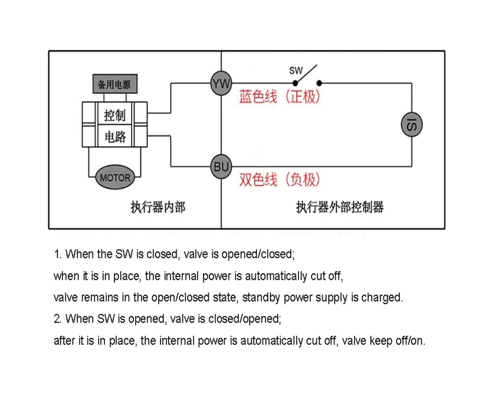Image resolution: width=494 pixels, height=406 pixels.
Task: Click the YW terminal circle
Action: pyautogui.click(x=221, y=83)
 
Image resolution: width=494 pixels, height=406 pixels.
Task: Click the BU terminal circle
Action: pyautogui.click(x=221, y=167)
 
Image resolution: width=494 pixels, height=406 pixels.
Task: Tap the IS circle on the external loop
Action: pyautogui.click(x=412, y=125)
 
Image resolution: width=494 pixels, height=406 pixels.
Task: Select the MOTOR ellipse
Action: pyautogui.click(x=115, y=177)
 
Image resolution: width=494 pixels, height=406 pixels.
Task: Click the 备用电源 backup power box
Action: pyautogui.click(x=115, y=84)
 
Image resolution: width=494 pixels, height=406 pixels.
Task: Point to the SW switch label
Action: pyautogui.click(x=296, y=70)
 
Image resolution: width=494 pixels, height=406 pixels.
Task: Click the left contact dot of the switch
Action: pyautogui.click(x=295, y=83)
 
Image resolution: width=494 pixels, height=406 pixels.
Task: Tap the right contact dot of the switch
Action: pyautogui.click(x=319, y=83)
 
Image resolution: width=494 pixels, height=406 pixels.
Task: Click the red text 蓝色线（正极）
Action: pyautogui.click(x=279, y=97)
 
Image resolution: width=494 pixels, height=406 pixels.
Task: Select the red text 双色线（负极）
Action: pyautogui.click(x=279, y=180)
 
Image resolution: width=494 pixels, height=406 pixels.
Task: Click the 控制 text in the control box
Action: pyautogui.click(x=115, y=115)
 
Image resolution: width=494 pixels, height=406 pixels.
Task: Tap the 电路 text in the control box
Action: pyautogui.click(x=115, y=137)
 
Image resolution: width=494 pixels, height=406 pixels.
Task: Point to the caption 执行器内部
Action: pyautogui.click(x=158, y=207)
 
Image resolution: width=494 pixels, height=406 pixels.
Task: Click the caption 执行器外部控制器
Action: pyautogui.click(x=340, y=207)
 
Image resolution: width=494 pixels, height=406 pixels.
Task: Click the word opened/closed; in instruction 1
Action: pyautogui.click(x=258, y=254)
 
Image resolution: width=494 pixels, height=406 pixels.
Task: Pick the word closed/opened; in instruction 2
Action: pyautogui.click(x=245, y=319)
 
